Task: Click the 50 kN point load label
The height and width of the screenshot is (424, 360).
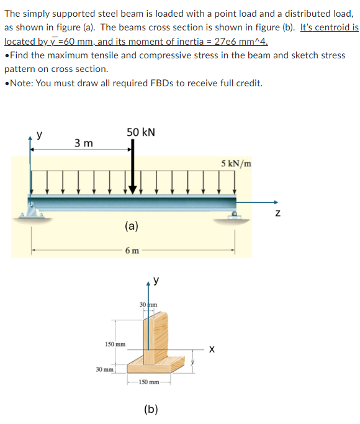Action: click(141, 132)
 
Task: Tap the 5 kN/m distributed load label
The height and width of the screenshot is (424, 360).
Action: click(236, 164)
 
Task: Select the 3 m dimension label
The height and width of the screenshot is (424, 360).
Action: click(84, 143)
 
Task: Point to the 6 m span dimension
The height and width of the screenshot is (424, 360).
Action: click(131, 251)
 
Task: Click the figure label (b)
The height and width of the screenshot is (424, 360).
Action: click(150, 408)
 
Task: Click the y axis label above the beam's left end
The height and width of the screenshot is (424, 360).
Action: click(39, 133)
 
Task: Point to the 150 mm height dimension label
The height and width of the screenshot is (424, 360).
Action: click(115, 343)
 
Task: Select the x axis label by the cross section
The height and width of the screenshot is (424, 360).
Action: click(212, 349)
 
